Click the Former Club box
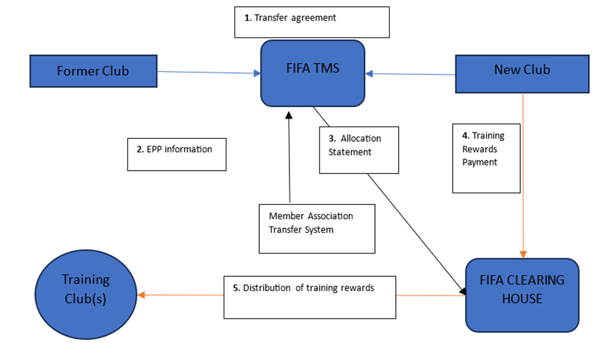click(93, 71)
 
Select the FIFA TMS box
click(313, 73)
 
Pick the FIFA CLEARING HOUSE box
click(522, 294)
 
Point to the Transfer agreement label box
click(311, 22)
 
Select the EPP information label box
click(177, 154)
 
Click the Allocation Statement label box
click(358, 150)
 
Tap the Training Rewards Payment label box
click(486, 157)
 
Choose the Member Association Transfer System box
click(317, 228)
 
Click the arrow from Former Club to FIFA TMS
click(208, 73)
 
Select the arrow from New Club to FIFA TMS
click(410, 74)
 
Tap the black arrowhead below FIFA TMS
click(289, 115)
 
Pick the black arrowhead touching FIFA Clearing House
click(462, 291)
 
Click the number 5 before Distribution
click(236, 288)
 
